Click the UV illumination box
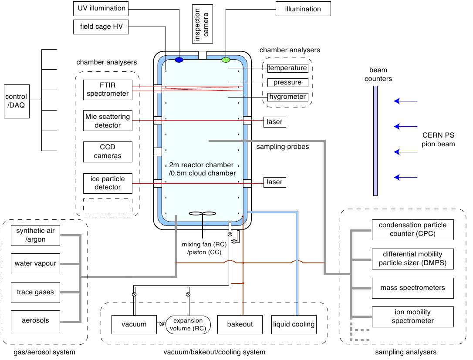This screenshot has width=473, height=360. tap(101, 9)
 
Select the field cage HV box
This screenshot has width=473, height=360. tap(101, 27)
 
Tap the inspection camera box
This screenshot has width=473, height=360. tap(203, 24)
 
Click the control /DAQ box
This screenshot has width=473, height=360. tap(17, 101)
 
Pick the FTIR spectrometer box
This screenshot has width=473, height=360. tap(108, 90)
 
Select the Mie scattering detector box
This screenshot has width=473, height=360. tap(108, 121)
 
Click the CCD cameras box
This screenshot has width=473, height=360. tap(108, 152)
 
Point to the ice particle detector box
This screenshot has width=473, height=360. tap(108, 183)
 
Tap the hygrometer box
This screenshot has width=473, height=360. tap(288, 97)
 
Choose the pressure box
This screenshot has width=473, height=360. tap(288, 83)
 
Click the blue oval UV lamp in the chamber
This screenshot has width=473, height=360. tap(179, 60)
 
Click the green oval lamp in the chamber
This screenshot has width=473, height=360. tap(226, 60)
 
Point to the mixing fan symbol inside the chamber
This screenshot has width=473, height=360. tap(203, 214)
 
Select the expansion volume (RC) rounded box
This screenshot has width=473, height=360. tap(188, 325)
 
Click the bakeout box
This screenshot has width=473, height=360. tap(240, 325)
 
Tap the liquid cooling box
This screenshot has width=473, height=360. tap(294, 325)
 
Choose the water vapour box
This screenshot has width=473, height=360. tap(35, 264)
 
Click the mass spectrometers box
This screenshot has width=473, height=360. tap(412, 288)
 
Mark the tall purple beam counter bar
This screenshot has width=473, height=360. tap(375, 141)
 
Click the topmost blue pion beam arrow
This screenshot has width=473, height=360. tap(405, 101)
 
